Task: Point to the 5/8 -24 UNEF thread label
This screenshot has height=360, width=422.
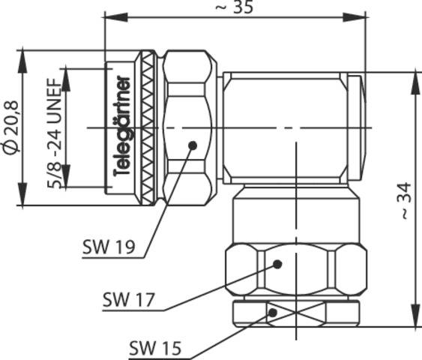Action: point(55,127)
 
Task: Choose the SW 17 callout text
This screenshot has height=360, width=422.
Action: point(128,300)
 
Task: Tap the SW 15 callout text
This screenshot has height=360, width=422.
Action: point(154,347)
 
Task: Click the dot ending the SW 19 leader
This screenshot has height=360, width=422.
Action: point(193,145)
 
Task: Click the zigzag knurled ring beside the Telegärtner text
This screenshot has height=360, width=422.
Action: point(149,127)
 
